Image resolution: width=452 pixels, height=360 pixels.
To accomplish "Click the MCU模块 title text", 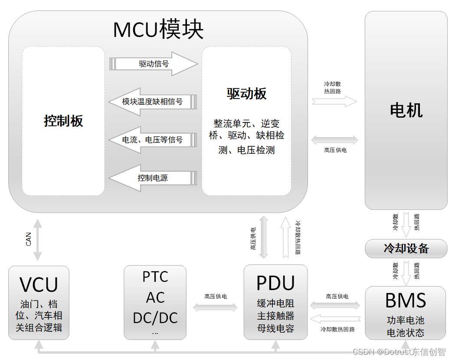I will pyautogui.click(x=158, y=30).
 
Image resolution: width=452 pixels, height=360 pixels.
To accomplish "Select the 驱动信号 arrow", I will pyautogui.click(x=154, y=64).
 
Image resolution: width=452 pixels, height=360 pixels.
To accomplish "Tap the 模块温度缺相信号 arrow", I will pyautogui.click(x=152, y=102).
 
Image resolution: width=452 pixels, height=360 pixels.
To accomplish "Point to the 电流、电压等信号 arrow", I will pyautogui.click(x=152, y=140).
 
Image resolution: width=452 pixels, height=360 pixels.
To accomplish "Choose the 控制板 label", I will pyautogui.click(x=63, y=121).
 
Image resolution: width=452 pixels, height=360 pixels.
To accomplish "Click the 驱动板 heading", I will pyautogui.click(x=246, y=94).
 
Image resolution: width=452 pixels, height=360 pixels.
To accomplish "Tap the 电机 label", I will pyautogui.click(x=406, y=110).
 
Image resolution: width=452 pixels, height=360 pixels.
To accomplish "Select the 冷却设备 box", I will pyautogui.click(x=406, y=248).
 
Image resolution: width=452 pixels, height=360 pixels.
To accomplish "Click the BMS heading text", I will pyautogui.click(x=406, y=301).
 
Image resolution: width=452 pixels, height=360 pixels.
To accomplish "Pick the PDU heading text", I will pyautogui.click(x=275, y=283).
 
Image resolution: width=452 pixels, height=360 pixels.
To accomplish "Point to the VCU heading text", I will pyautogui.click(x=39, y=285).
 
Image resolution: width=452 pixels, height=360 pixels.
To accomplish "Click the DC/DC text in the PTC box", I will pyautogui.click(x=155, y=318).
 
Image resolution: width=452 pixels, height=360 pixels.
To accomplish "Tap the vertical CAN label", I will pyautogui.click(x=29, y=239).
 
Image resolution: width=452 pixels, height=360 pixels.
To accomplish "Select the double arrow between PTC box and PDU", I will pyautogui.click(x=215, y=308).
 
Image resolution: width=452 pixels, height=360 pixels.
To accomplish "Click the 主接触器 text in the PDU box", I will pyautogui.click(x=275, y=316).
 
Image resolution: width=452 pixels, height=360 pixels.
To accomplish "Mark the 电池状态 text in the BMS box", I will pyautogui.click(x=406, y=333).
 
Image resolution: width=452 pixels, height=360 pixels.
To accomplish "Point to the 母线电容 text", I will pyautogui.click(x=275, y=329).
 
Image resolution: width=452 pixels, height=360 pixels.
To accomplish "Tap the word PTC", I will pyautogui.click(x=155, y=277).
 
